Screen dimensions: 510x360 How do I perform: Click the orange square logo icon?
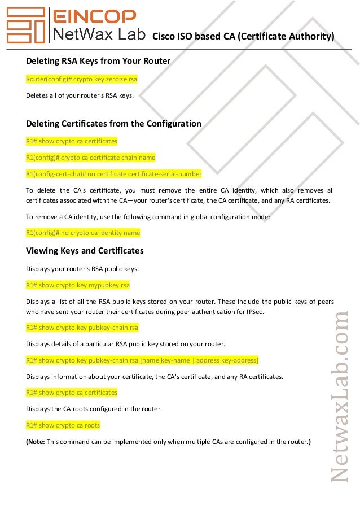25,25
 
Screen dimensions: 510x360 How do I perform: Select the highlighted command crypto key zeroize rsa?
81,79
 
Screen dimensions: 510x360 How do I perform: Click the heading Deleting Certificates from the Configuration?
113,123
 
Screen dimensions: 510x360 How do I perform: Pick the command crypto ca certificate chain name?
90,157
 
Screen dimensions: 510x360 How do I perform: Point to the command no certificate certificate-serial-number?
113,173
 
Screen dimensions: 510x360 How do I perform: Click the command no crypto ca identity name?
83,232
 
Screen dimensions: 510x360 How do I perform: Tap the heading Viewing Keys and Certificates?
85,250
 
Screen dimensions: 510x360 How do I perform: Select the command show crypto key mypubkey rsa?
78,285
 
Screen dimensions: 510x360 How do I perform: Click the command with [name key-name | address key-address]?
142,360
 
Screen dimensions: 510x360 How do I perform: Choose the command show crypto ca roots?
63,425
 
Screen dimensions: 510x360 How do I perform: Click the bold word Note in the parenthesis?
36,441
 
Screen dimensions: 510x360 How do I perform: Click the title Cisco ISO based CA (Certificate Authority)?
243,37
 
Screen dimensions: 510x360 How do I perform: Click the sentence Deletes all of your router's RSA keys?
80,95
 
